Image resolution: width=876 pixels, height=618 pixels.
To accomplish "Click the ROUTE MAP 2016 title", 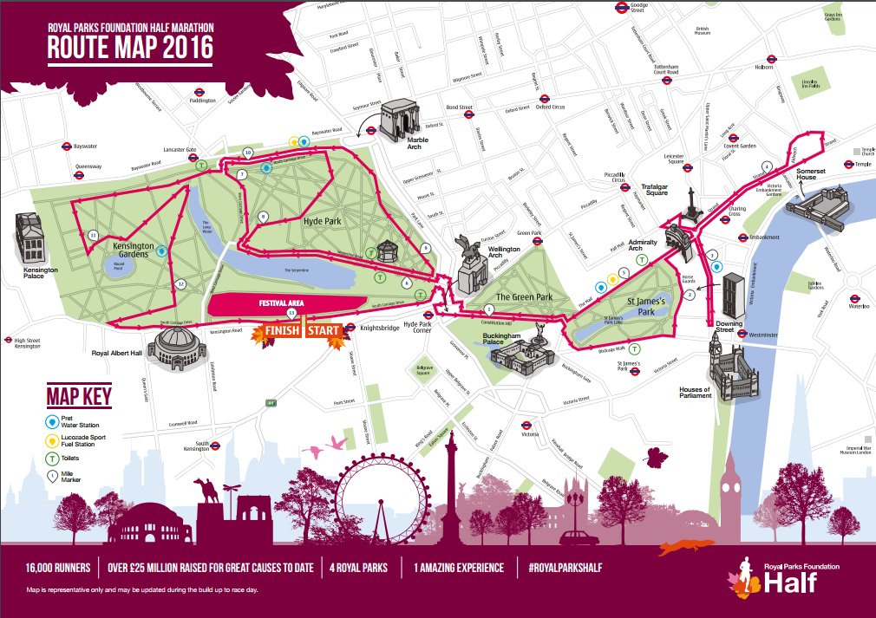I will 129,49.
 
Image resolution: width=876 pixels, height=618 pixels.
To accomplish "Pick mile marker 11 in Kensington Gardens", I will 93,234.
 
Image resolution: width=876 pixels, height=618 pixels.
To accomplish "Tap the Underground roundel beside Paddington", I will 199,90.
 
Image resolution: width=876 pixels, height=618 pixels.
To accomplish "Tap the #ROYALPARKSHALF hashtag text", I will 565,569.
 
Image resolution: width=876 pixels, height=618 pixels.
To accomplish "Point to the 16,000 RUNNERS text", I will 55,569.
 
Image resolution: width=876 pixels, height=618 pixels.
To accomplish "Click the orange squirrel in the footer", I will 682,547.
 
